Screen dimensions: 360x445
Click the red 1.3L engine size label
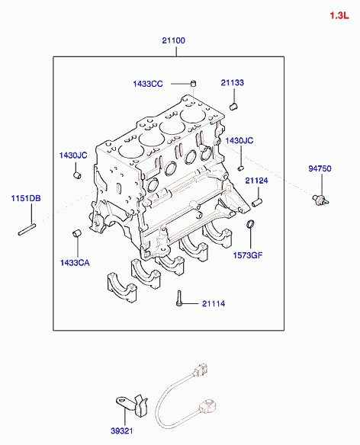[x=339, y=15]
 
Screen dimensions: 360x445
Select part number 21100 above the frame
[x=173, y=40]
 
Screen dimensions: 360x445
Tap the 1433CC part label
[x=148, y=84]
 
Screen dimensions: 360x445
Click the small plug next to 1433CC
[x=193, y=84]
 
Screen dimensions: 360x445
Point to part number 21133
[x=232, y=82]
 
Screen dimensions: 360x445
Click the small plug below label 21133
[x=233, y=107]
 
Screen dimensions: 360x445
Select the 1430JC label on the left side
[x=73, y=155]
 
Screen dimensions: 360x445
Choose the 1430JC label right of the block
[x=239, y=140]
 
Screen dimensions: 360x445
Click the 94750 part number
[x=320, y=168]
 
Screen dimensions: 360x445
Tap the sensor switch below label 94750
[x=320, y=200]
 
